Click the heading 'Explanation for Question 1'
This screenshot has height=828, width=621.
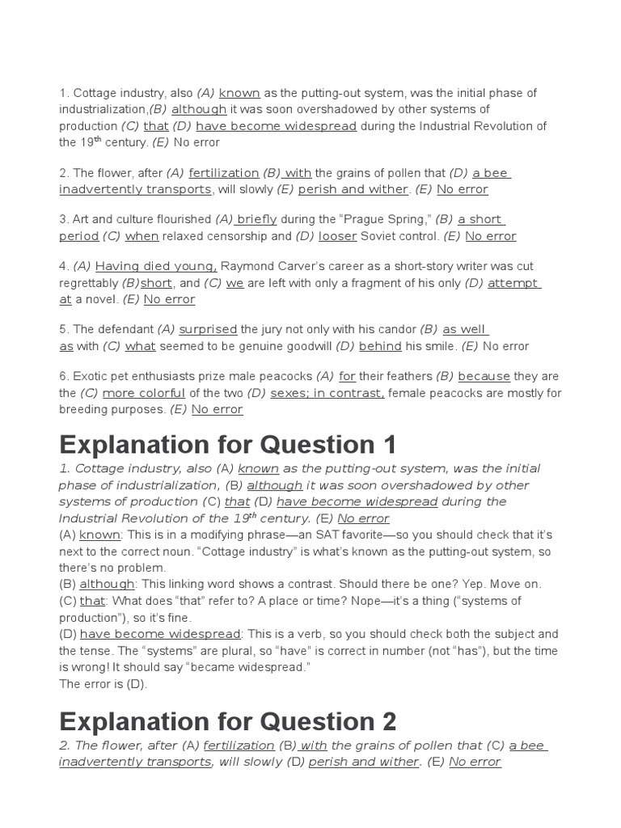tap(228, 445)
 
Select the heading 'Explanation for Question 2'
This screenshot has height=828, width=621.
tap(228, 721)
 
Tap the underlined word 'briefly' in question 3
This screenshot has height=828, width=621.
tap(257, 219)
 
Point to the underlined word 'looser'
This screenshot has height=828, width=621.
tap(337, 236)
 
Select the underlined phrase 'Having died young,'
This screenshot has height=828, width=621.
tap(156, 266)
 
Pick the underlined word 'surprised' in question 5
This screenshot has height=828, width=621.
tap(208, 329)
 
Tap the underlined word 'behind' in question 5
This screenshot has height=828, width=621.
tap(380, 346)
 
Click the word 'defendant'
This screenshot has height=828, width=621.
tap(126, 329)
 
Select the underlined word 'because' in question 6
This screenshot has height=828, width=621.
tap(484, 376)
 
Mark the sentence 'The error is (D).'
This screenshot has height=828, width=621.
tap(103, 684)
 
